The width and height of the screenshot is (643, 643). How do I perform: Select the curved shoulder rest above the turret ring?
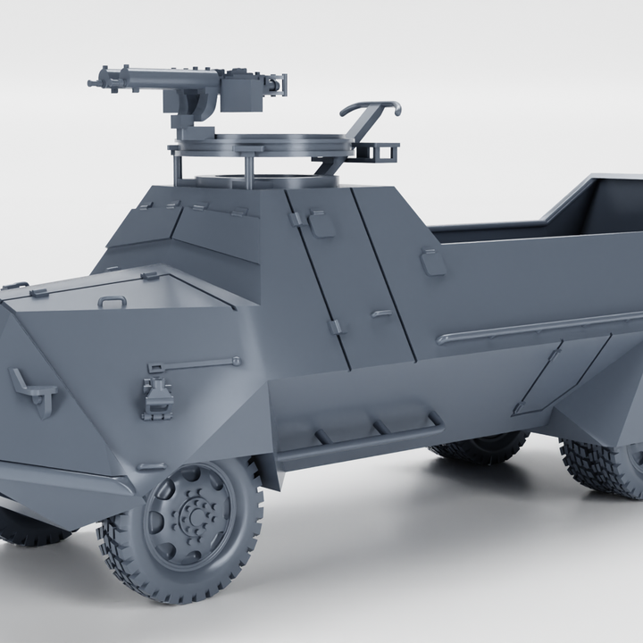(368, 111)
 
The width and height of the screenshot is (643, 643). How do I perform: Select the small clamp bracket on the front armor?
(157, 396)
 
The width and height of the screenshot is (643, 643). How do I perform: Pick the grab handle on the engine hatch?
(112, 302)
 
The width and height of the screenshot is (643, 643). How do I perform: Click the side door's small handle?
(381, 313)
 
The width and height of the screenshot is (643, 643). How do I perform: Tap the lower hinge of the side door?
(337, 327)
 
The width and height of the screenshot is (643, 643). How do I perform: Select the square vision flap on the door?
(321, 224)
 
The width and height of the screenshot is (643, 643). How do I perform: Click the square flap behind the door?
(433, 262)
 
